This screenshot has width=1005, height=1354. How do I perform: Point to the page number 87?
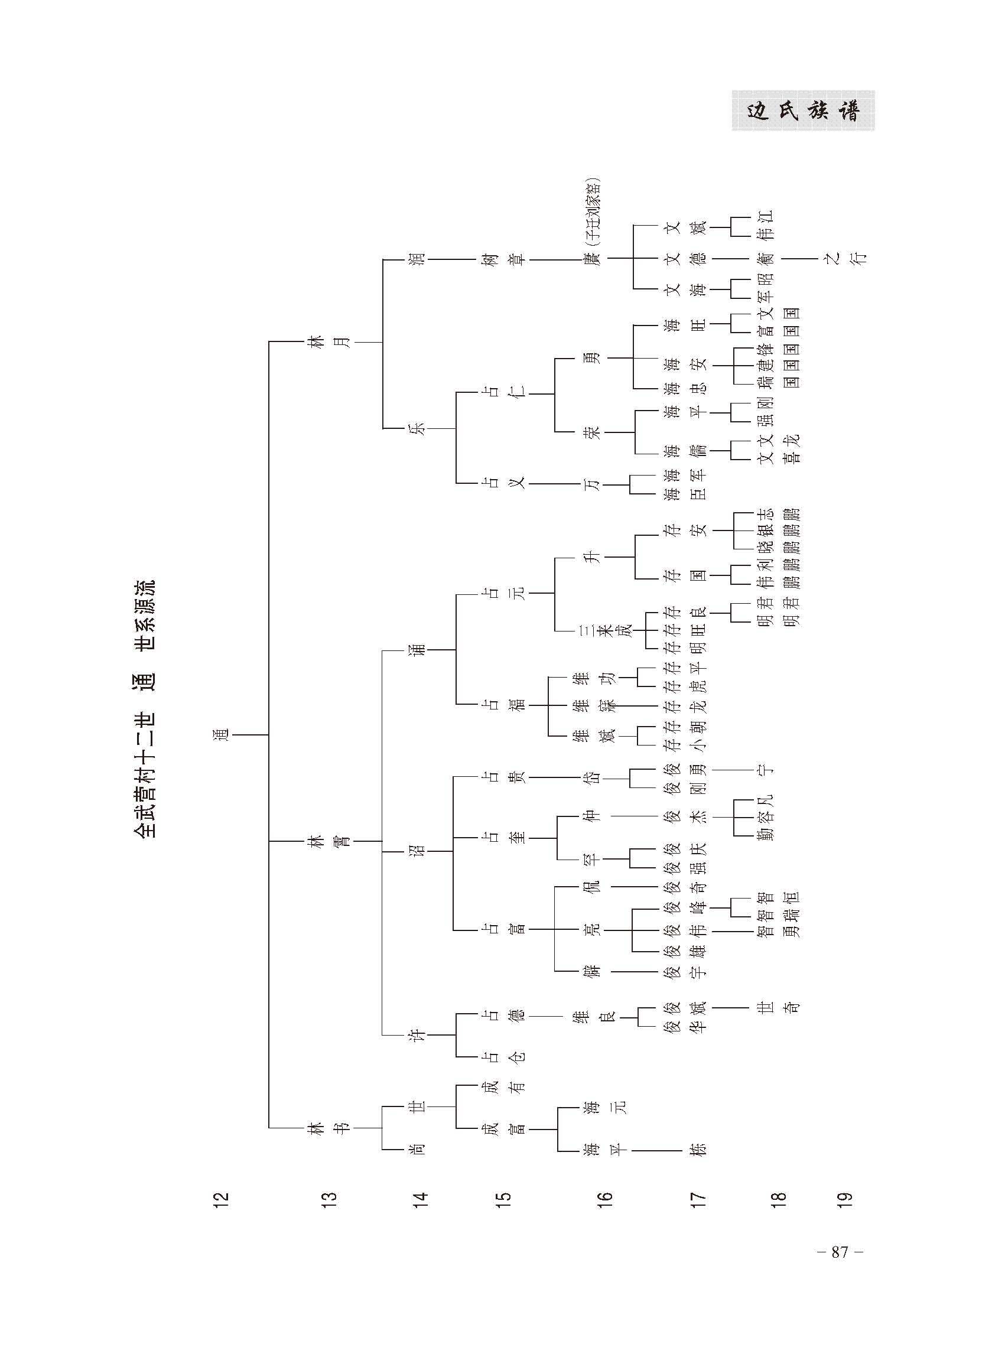point(840,1252)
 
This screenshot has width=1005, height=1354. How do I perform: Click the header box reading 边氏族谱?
point(803,110)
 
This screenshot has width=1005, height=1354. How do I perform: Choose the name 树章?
point(505,260)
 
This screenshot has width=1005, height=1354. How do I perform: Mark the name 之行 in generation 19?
point(846,259)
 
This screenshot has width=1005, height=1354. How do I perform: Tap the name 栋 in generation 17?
point(699,1150)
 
